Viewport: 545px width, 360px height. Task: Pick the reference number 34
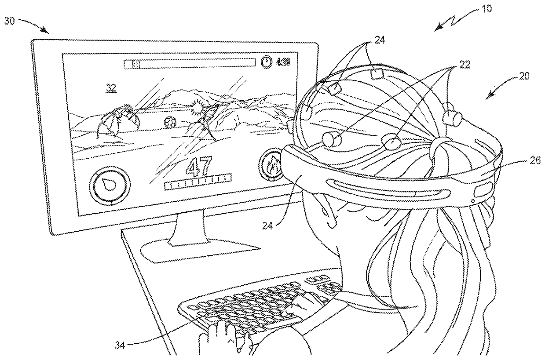(120, 345)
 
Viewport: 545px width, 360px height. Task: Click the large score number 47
(199, 167)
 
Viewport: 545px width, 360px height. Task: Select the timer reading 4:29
(283, 62)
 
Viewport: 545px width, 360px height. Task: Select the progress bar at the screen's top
(190, 64)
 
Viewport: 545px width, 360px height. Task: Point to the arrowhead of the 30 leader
(48, 31)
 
